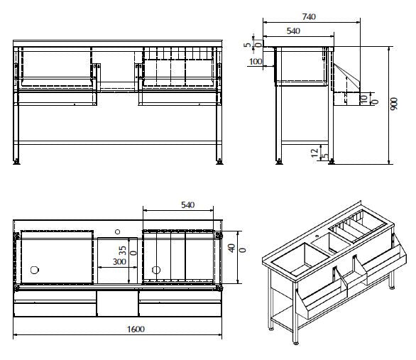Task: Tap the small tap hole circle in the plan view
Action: coord(118,231)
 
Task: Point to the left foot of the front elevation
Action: coord(17,162)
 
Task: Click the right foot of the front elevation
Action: coord(220,162)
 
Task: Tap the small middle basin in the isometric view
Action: coord(336,245)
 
